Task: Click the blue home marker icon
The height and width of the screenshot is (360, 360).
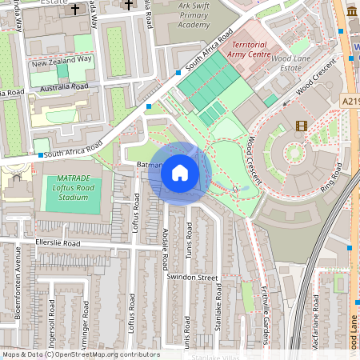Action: pyautogui.click(x=180, y=172)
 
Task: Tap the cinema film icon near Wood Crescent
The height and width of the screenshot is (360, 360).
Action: pyautogui.click(x=301, y=126)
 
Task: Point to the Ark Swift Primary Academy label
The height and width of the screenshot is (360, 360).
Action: pyautogui.click(x=184, y=16)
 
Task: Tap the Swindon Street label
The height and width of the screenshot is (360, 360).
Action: pyautogui.click(x=193, y=277)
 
